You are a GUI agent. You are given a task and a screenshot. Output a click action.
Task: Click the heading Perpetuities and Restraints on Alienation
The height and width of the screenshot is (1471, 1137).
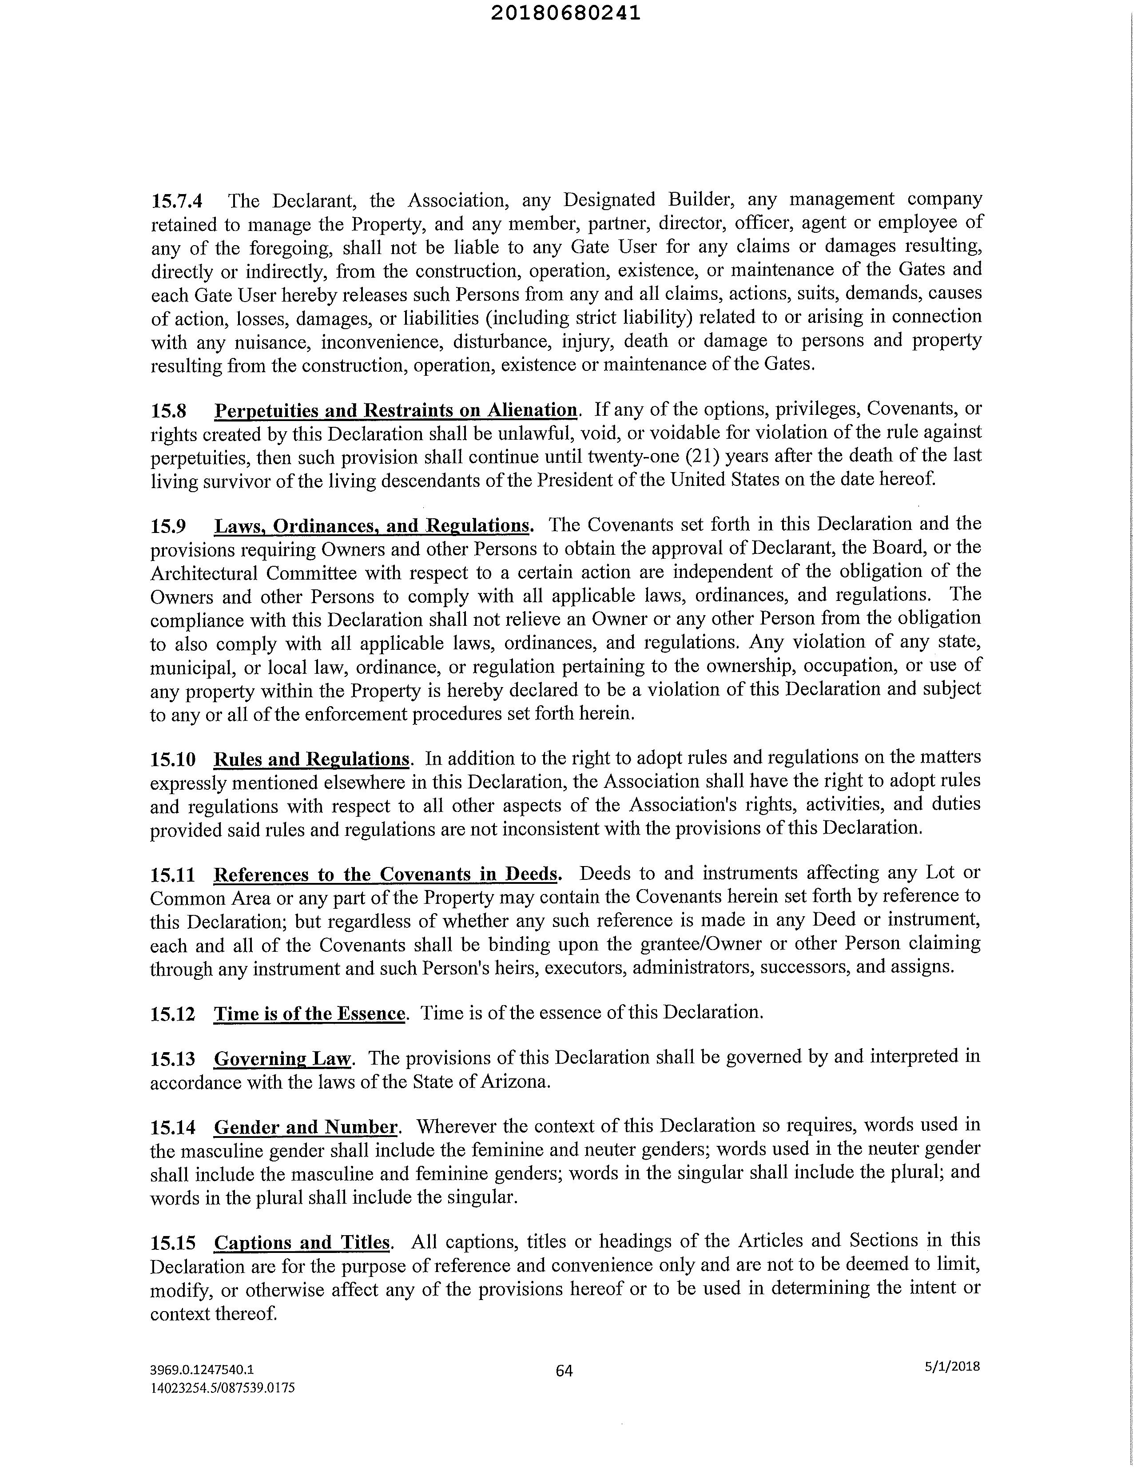click(395, 410)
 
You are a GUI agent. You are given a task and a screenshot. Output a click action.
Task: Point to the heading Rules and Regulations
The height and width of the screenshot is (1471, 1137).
click(311, 759)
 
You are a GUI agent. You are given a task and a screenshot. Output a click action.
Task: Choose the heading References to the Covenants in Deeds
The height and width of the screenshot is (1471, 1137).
click(386, 874)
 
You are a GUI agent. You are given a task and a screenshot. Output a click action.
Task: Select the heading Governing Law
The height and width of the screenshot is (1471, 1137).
click(282, 1059)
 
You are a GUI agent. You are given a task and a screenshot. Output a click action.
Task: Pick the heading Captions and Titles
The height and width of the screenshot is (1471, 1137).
click(302, 1242)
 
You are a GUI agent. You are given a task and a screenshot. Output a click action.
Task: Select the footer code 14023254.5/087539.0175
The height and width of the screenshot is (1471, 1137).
click(222, 1388)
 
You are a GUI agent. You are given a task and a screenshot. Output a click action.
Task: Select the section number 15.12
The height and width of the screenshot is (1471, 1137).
click(172, 1014)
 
